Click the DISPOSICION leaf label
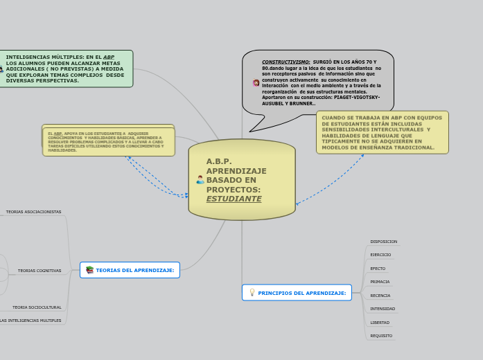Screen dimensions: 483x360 point(383,242)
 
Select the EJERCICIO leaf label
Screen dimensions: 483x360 point(380,255)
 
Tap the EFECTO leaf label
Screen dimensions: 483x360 point(378,269)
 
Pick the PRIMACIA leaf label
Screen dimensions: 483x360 point(380,282)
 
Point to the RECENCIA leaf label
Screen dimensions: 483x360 point(380,296)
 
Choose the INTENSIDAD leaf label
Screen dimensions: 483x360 point(383,309)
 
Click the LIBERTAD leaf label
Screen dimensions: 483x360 point(380,323)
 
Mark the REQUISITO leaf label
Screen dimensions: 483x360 point(381,336)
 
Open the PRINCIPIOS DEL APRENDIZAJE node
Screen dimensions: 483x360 point(301,293)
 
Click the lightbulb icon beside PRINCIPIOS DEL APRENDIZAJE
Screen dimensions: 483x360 point(252,293)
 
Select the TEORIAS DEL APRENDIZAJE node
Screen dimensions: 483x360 point(134,270)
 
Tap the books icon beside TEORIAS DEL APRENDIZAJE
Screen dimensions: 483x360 point(89,270)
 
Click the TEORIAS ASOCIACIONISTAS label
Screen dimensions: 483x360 point(33,212)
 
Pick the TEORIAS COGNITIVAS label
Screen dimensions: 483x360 point(39,271)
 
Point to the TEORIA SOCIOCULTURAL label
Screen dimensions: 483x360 point(37,307)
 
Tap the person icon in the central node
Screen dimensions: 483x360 point(200,180)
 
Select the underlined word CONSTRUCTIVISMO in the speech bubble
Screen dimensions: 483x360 point(286,62)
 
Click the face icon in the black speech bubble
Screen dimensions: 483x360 point(256,82)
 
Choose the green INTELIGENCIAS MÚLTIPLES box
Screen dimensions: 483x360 point(67,69)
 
